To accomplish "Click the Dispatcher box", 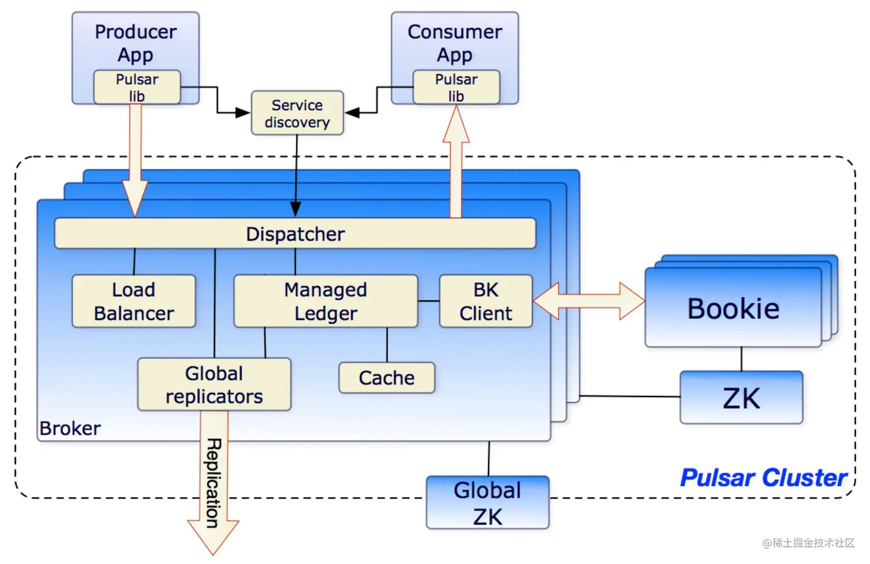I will click(295, 234).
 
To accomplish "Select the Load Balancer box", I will click(133, 301).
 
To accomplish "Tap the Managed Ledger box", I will click(326, 301).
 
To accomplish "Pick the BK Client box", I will click(486, 301).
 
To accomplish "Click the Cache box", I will click(387, 378).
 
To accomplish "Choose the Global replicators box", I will click(214, 384).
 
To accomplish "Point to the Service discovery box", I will click(297, 113).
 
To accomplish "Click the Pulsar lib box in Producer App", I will click(137, 87).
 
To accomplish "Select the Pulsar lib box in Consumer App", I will click(456, 87).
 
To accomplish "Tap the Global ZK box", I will click(487, 502).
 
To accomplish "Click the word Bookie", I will click(733, 309).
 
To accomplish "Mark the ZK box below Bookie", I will click(741, 398).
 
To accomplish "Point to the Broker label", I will click(70, 429).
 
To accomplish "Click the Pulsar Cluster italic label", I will click(764, 478).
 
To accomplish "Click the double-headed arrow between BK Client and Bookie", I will click(589, 301).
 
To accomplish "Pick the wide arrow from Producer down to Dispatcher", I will click(135, 161).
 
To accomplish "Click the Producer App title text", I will click(136, 43).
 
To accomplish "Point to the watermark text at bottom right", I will click(808, 543).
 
